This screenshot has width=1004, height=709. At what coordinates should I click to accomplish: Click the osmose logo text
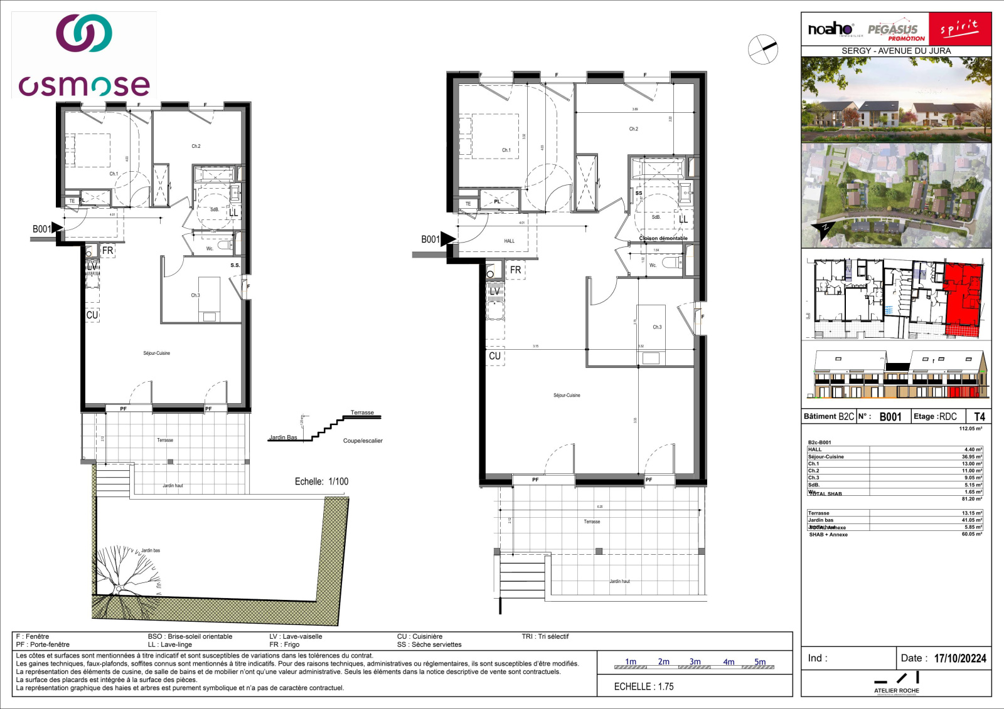(84, 85)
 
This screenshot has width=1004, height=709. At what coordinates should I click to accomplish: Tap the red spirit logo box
(959, 29)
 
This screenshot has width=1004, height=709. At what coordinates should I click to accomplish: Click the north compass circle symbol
(762, 49)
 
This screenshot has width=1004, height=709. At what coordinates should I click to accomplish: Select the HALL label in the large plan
(509, 241)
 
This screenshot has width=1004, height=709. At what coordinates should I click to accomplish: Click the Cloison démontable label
(663, 238)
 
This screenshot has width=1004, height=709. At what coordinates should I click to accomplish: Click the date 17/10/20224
(959, 658)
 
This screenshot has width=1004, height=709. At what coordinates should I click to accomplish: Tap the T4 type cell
(979, 416)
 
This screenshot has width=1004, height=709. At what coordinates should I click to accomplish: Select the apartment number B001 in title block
(890, 417)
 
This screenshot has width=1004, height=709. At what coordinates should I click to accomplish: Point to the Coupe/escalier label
(363, 441)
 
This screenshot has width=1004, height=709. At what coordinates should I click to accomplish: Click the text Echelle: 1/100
(321, 481)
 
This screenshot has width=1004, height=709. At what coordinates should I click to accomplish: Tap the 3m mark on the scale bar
(695, 662)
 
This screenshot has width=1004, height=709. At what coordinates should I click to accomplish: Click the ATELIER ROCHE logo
(896, 683)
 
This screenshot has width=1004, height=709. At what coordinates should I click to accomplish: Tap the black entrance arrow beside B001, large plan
(447, 239)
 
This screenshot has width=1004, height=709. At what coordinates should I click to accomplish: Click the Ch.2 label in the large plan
(633, 129)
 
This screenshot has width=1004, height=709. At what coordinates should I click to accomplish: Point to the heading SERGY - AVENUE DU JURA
(895, 51)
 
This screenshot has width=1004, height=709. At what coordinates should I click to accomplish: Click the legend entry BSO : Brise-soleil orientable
(190, 636)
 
